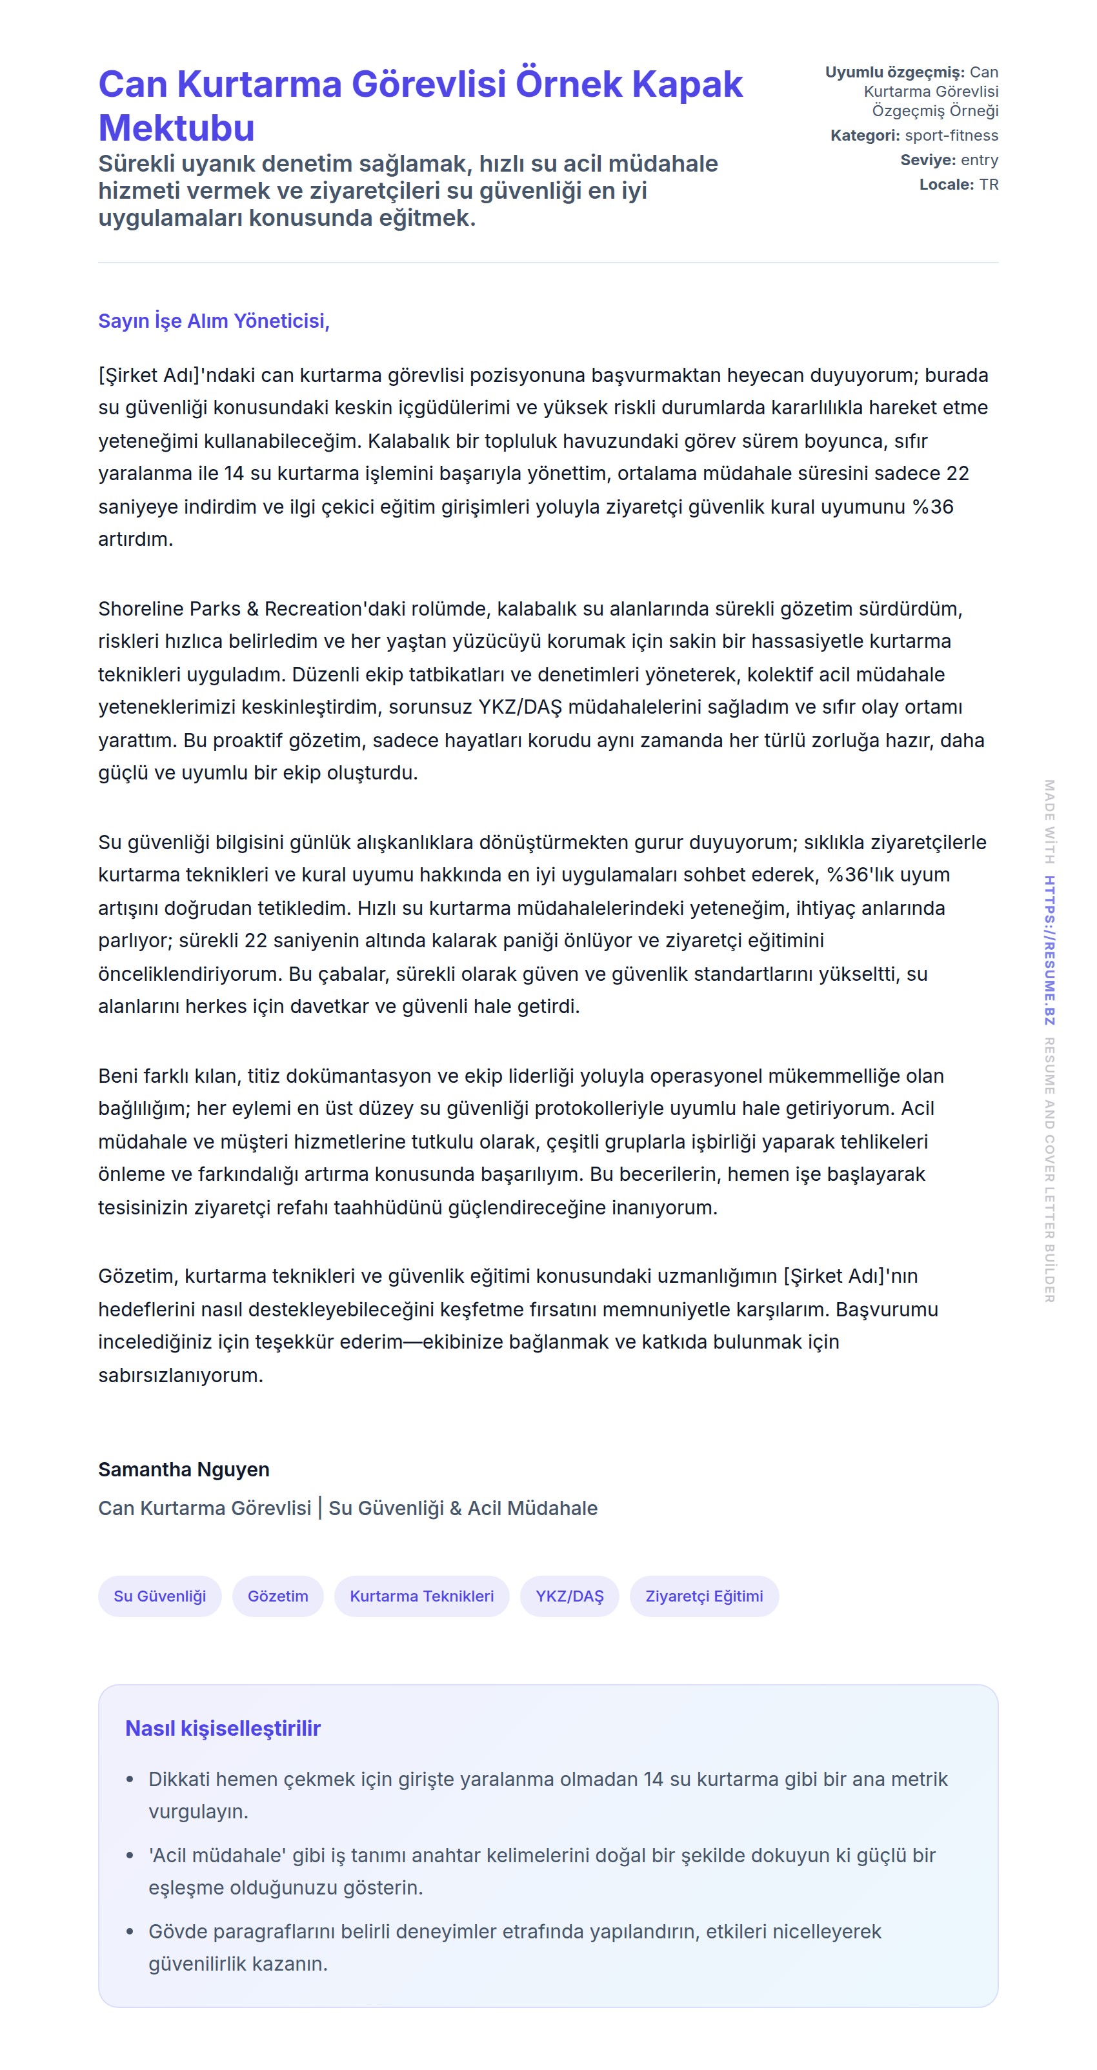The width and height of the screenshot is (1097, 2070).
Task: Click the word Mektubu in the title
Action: (176, 128)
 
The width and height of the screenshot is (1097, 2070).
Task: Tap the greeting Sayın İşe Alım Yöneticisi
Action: (214, 321)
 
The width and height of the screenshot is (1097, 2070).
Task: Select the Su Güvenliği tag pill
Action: (160, 1596)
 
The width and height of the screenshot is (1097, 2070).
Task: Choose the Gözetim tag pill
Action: (277, 1596)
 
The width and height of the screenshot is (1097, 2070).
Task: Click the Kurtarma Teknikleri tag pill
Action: (421, 1596)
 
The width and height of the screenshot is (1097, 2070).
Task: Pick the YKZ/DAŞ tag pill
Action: (569, 1596)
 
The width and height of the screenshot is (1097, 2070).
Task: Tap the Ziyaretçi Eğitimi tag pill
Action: (704, 1596)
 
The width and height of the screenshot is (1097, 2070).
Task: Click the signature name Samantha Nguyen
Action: (184, 1470)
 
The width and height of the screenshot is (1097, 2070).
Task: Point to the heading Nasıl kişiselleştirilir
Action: (223, 1729)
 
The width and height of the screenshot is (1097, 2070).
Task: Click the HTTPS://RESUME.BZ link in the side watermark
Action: (1050, 950)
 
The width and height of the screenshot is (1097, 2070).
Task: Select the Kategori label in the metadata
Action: (864, 136)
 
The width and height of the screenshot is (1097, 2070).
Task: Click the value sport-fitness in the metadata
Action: (952, 136)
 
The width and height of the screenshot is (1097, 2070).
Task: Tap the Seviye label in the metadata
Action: (927, 160)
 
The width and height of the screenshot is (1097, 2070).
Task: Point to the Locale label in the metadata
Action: (946, 185)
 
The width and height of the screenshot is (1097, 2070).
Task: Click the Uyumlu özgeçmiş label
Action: (894, 72)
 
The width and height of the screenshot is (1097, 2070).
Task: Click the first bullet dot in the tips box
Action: (130, 1779)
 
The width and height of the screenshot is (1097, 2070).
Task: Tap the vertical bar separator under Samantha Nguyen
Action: (320, 1507)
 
